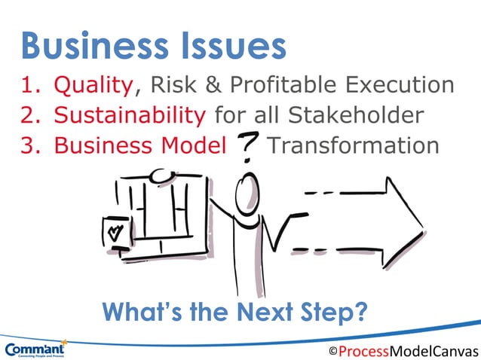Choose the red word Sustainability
[x=129, y=115]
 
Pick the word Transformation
[x=353, y=145]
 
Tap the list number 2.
[x=30, y=115]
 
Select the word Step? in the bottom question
[x=339, y=310]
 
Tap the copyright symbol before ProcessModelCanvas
[x=332, y=352]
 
